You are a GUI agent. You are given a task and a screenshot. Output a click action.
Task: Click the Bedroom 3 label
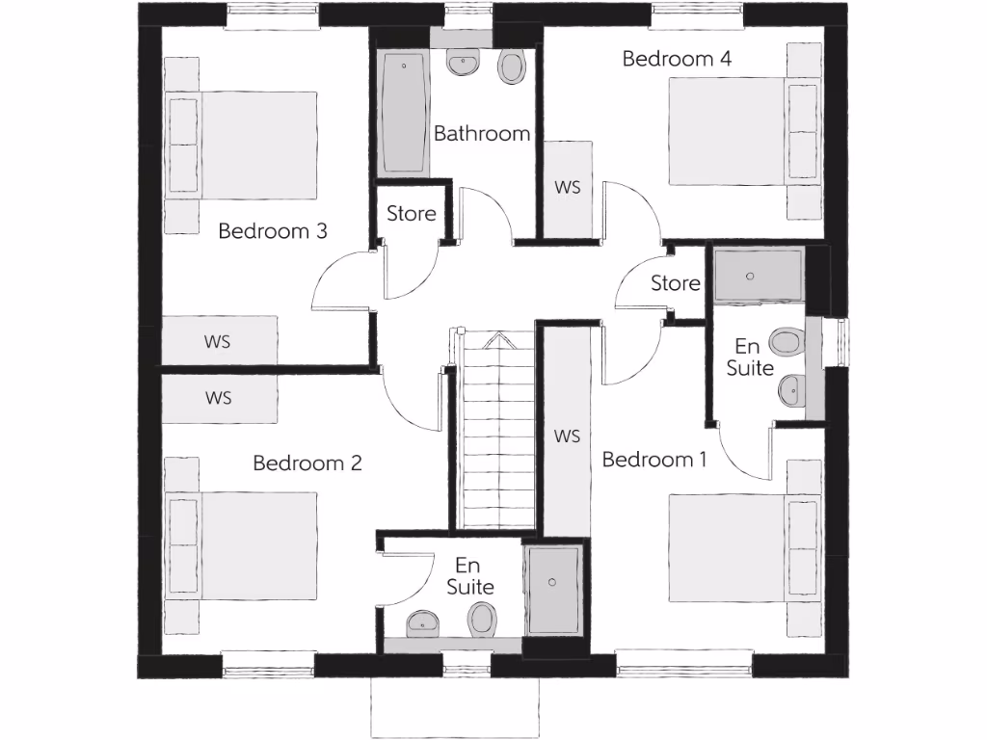[x=273, y=231]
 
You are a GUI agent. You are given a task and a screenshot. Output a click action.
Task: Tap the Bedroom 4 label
[x=677, y=59]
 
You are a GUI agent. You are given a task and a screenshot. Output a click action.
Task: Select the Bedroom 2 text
[x=307, y=463]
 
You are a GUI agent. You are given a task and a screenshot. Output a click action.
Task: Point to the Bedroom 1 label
[x=654, y=460]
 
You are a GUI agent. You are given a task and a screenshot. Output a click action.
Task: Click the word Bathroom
[x=482, y=134]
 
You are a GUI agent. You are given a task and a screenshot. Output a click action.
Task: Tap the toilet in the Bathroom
[x=511, y=66]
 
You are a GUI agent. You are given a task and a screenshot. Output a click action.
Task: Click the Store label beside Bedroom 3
[x=412, y=214]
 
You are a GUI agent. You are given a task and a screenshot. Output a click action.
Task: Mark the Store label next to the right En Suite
[x=676, y=283]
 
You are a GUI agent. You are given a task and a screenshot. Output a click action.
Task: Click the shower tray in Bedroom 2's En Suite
[x=553, y=589]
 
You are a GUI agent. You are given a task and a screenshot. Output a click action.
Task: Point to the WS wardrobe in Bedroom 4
[x=568, y=188]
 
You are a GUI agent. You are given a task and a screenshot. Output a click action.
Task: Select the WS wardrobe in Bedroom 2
[x=219, y=397]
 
